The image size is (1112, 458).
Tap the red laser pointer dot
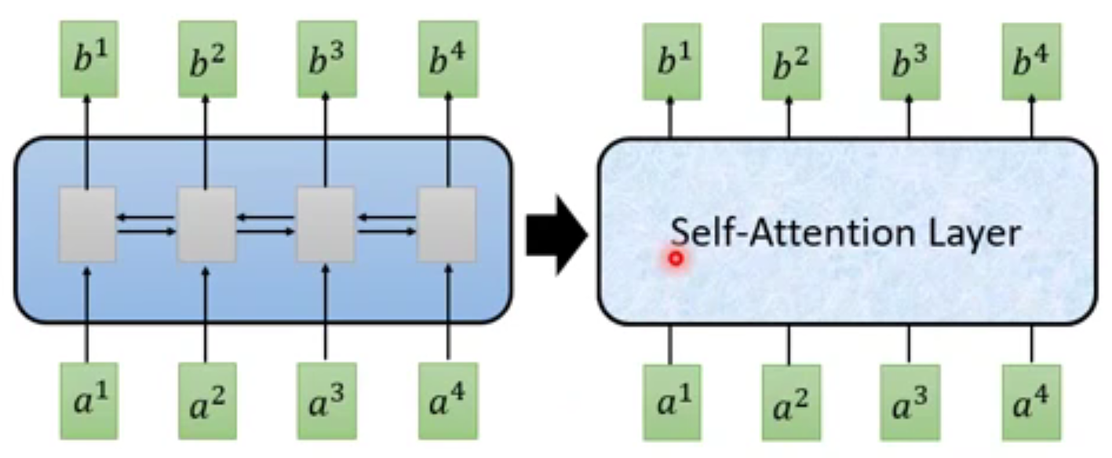[x=676, y=258]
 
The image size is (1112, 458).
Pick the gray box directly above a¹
[x=87, y=224]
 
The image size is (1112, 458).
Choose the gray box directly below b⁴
[x=447, y=224]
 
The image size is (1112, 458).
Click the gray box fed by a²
[x=206, y=224]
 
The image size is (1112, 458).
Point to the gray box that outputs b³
[x=326, y=224]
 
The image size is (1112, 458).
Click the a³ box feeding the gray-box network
[x=326, y=401]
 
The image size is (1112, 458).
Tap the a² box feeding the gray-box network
[x=206, y=401]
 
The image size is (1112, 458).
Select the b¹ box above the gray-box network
[x=87, y=60]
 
